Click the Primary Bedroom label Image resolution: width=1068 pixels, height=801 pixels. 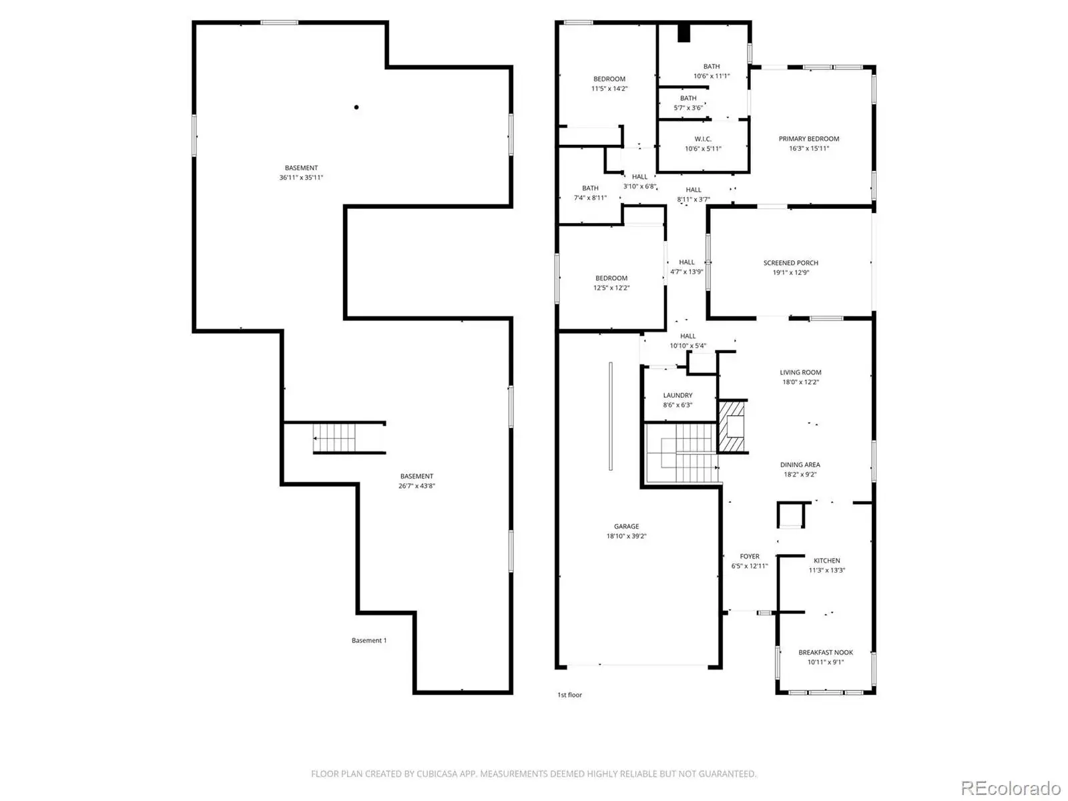808,139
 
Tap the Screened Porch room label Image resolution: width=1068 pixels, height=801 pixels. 790,262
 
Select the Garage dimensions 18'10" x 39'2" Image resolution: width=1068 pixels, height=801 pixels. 625,536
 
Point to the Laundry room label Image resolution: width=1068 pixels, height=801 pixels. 678,395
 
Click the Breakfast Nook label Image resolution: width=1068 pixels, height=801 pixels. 825,652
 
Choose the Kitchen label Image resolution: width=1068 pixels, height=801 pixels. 826,560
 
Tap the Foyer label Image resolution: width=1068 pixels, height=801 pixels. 750,556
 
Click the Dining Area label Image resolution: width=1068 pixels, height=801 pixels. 800,465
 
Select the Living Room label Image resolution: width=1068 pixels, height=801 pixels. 800,372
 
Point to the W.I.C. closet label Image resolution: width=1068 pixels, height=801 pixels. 703,139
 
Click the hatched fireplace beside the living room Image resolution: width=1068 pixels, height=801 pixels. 732,427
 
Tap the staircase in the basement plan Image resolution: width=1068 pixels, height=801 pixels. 334,438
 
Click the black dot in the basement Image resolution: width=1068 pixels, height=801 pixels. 356,107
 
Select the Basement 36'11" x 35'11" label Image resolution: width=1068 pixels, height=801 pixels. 300,173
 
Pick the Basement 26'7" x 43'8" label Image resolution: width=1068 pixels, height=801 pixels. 417,481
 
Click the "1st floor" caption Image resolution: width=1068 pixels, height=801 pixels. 569,694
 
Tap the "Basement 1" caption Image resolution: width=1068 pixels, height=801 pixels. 369,640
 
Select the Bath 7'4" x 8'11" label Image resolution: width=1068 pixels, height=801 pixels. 589,193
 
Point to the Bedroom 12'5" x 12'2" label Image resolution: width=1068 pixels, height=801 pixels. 611,282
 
